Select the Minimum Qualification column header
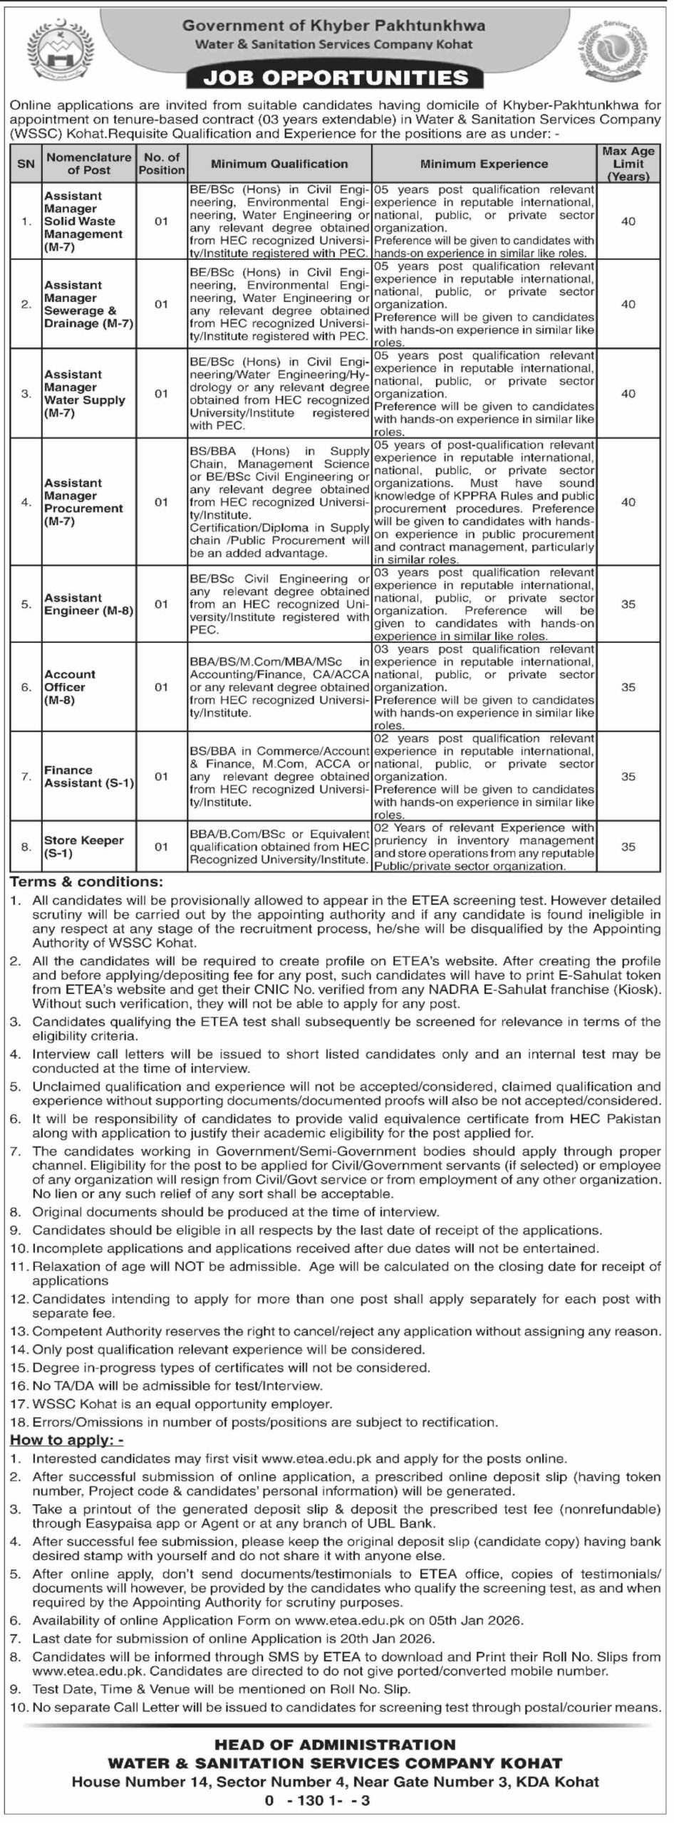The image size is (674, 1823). click(x=279, y=164)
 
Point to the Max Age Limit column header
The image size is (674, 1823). click(x=628, y=164)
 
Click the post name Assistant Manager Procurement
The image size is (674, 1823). click(x=83, y=502)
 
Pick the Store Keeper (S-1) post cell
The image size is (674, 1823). click(x=84, y=847)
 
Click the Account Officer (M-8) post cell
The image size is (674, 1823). click(x=70, y=687)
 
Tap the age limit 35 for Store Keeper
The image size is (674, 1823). click(x=628, y=847)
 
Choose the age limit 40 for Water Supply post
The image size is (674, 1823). click(x=628, y=393)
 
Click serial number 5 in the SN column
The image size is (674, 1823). click(x=26, y=604)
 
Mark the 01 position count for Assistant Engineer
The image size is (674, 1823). click(x=162, y=604)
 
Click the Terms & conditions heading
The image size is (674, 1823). click(x=86, y=882)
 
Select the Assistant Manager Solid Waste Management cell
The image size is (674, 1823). click(x=83, y=221)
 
